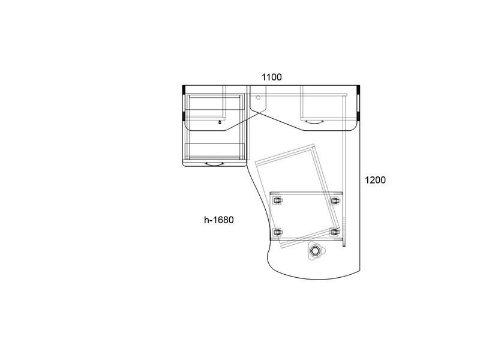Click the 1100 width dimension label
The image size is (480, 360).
pos(272,77)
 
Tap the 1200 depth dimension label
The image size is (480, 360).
pos(375,179)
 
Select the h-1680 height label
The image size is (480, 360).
pos(219,220)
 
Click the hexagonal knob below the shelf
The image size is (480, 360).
pos(314,251)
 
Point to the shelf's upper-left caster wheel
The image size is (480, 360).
pos(277,201)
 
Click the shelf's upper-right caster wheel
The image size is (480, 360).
pos(335,201)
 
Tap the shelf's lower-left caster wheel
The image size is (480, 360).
pos(277,232)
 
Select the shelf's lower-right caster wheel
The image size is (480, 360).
pos(335,232)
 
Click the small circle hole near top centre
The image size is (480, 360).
pos(258,97)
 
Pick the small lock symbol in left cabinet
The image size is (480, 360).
pos(220,122)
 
